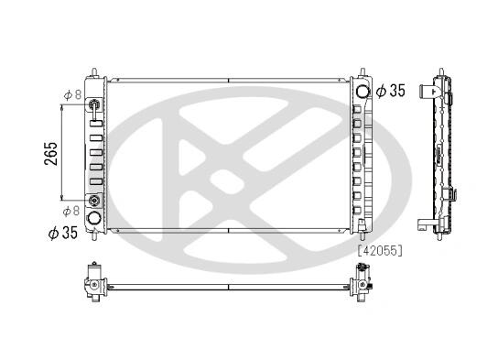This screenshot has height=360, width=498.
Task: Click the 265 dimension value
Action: pyautogui.click(x=51, y=154)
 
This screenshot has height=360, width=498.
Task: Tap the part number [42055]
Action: pyautogui.click(x=380, y=251)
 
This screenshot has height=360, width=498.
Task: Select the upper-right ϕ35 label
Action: pyautogui.click(x=390, y=91)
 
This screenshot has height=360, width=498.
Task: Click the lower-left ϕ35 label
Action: pyautogui.click(x=63, y=233)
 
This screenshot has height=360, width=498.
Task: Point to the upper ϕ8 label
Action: pyautogui.click(x=72, y=94)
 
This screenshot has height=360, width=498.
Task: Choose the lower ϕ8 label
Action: pyautogui.click(x=71, y=211)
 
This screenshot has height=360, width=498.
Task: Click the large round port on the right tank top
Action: pyautogui.click(x=363, y=92)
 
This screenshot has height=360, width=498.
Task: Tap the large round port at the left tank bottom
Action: pyautogui.click(x=94, y=218)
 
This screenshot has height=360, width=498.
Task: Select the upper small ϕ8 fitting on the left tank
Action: pyautogui.click(x=94, y=104)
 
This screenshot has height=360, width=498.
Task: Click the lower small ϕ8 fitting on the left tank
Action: pyautogui.click(x=94, y=201)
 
